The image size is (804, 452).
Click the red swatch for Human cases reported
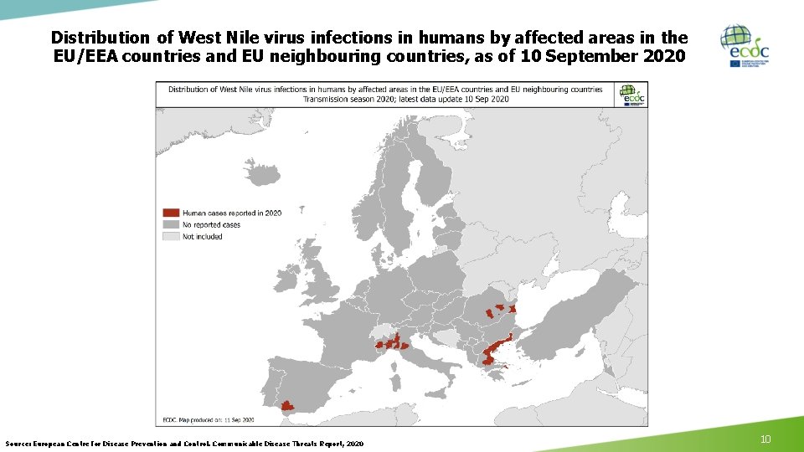pos(171,213)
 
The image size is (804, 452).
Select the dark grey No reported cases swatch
pos(171,224)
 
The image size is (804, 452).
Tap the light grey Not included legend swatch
pos(171,236)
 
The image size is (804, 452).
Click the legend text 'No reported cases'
pos(211,224)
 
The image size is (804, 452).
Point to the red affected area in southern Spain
pos(287,406)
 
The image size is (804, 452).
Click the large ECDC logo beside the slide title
pos(745,46)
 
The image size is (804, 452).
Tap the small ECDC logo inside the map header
pos(632,94)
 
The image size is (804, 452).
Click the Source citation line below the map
pos(184,443)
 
